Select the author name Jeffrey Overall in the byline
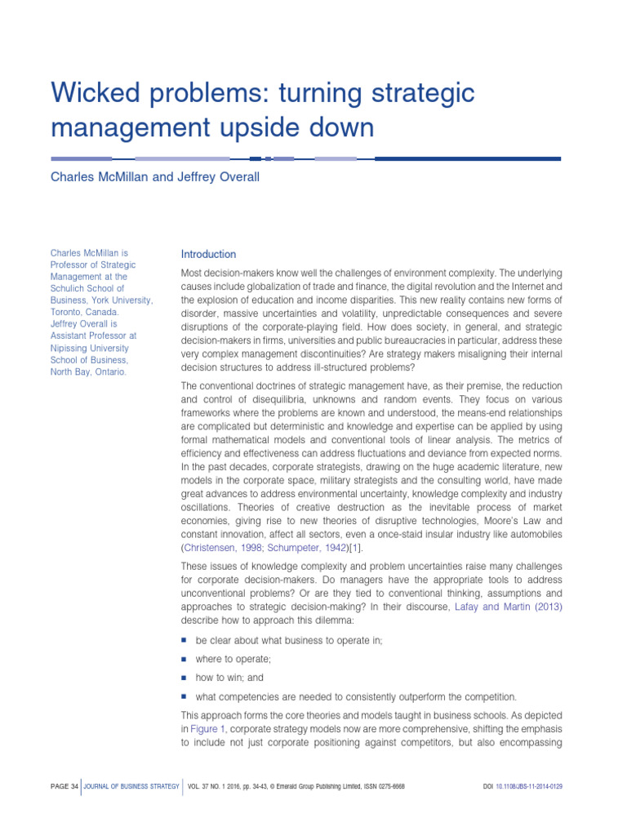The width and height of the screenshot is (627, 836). [218, 177]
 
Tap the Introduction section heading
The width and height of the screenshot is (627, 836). [208, 255]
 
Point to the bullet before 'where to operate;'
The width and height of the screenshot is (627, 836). [185, 658]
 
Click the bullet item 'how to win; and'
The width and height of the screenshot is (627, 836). [229, 678]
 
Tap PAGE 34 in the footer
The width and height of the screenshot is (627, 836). [64, 786]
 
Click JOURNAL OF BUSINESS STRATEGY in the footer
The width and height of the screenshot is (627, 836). [131, 786]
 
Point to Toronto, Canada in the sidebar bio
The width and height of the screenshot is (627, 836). [84, 312]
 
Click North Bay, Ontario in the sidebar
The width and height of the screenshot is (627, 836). [88, 371]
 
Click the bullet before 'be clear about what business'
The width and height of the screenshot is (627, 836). [185, 639]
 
